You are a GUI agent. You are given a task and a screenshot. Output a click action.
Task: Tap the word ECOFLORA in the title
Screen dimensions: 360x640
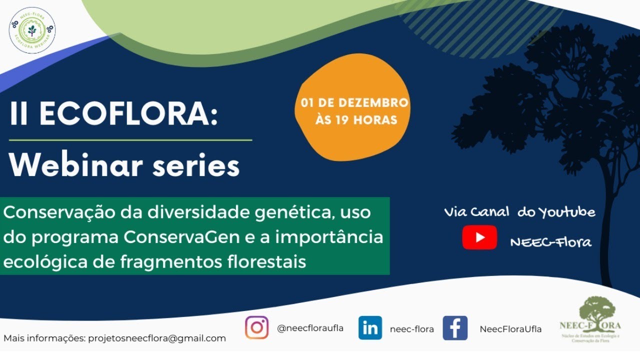(x=129, y=114)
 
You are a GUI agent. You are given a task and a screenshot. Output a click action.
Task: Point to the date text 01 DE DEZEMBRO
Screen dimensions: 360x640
(x=354, y=103)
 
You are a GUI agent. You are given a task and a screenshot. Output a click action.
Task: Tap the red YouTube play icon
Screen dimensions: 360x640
(x=479, y=237)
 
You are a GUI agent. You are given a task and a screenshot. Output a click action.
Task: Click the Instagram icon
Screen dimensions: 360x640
(x=256, y=328)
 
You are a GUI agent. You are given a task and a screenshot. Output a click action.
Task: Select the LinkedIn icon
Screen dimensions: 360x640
(x=370, y=328)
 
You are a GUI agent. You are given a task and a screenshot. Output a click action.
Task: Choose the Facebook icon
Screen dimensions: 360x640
(x=455, y=328)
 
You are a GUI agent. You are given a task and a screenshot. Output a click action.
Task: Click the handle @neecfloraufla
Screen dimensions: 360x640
(x=310, y=328)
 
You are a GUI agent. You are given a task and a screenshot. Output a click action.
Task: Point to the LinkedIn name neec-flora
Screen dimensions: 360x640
(x=411, y=329)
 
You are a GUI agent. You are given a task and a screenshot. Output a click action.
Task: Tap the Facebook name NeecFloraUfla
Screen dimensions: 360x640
(x=510, y=329)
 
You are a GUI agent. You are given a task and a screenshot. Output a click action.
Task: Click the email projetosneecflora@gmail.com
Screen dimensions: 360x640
(x=157, y=338)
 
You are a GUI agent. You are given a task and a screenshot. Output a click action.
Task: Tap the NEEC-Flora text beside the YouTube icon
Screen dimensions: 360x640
(x=550, y=242)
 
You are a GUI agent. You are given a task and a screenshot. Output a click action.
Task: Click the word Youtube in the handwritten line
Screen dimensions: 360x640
(x=566, y=212)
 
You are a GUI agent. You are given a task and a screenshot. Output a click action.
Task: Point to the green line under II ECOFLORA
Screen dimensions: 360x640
(x=130, y=140)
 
